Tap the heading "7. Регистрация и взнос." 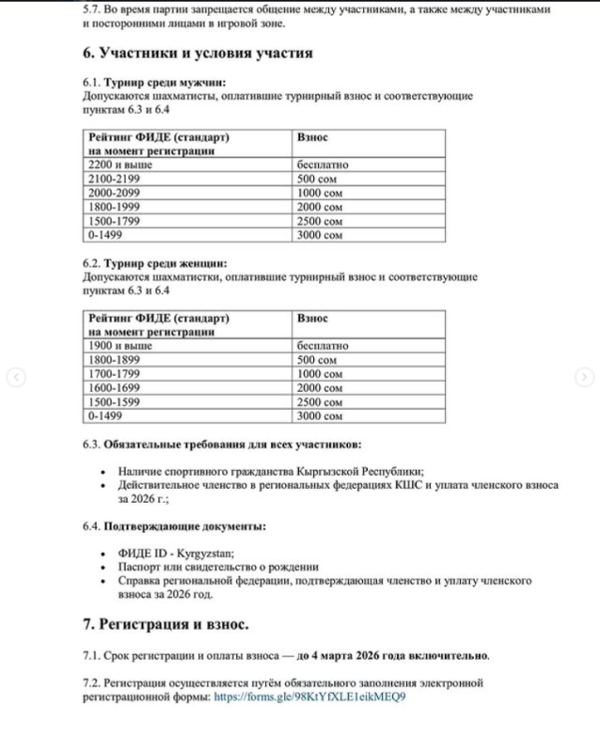[x=166, y=623]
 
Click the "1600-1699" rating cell [x=113, y=387]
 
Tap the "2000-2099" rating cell [x=113, y=193]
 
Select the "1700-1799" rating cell [x=113, y=373]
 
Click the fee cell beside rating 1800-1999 [x=320, y=207]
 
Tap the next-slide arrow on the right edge [x=585, y=377]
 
